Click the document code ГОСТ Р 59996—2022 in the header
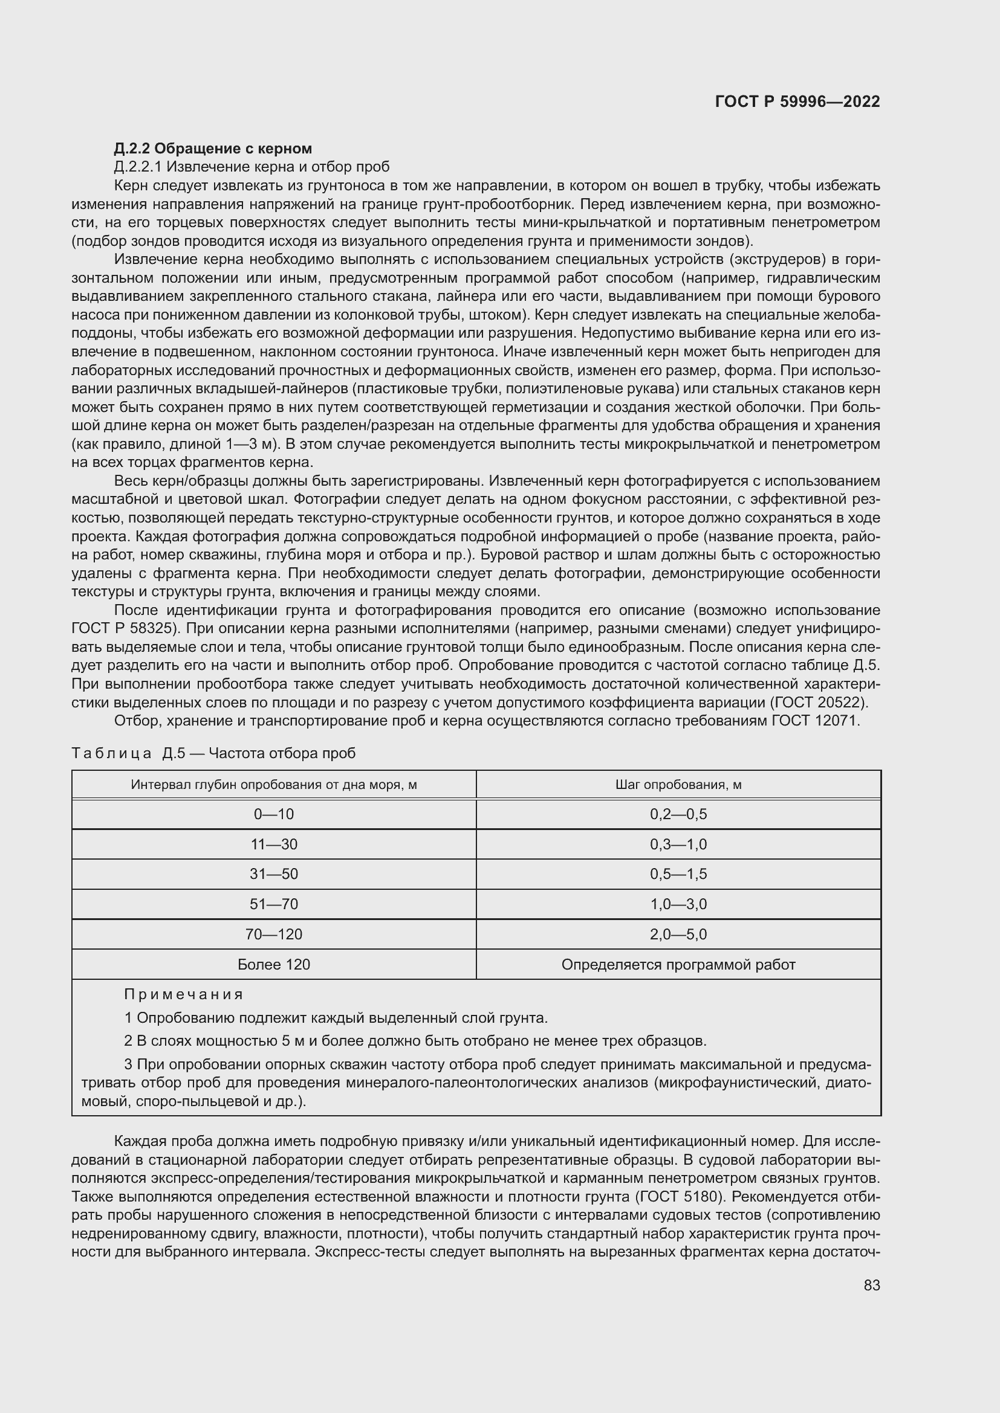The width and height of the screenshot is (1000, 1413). point(797,102)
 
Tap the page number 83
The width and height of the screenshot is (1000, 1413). point(871,1285)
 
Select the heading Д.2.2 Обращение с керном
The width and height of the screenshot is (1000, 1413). point(212,149)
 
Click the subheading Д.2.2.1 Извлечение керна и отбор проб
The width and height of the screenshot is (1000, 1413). point(252,167)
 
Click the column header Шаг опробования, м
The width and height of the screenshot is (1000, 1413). point(678,785)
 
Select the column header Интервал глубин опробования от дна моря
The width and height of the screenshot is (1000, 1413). point(273,785)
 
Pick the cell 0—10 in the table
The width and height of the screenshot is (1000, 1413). point(273,814)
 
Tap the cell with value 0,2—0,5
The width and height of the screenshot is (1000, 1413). point(678,814)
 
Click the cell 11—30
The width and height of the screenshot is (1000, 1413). point(273,845)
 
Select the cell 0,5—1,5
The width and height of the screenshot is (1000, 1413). point(678,874)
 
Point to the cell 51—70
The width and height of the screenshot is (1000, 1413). point(273,904)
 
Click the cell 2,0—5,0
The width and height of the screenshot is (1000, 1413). point(678,934)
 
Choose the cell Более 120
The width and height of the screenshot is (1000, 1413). point(273,964)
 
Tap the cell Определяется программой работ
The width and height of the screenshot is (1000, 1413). point(678,964)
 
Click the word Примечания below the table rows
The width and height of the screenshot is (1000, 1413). point(184,994)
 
